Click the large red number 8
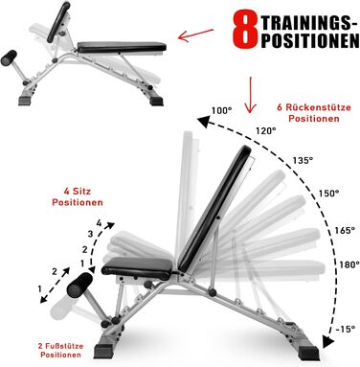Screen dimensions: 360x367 point(245,29)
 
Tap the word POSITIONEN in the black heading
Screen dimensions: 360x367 point(310,40)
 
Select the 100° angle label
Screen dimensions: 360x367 point(221,110)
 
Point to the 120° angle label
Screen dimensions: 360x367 point(265,130)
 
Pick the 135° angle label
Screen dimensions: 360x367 point(303,160)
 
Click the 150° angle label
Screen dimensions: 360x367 point(328,194)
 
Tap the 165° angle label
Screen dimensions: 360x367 point(345,230)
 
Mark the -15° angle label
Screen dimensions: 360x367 point(345,329)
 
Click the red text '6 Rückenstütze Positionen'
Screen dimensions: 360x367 point(314,113)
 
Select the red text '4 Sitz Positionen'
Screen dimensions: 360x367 point(78,196)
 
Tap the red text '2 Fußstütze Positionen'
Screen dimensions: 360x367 point(60,350)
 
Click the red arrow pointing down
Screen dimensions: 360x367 point(251,95)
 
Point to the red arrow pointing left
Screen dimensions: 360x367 point(195,35)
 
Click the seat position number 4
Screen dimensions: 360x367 point(99,223)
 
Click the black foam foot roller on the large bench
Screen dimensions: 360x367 point(79,285)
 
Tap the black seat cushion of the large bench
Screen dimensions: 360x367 point(138,268)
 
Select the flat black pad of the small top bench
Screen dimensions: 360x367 point(122,47)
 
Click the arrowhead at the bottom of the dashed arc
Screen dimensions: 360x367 point(328,342)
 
